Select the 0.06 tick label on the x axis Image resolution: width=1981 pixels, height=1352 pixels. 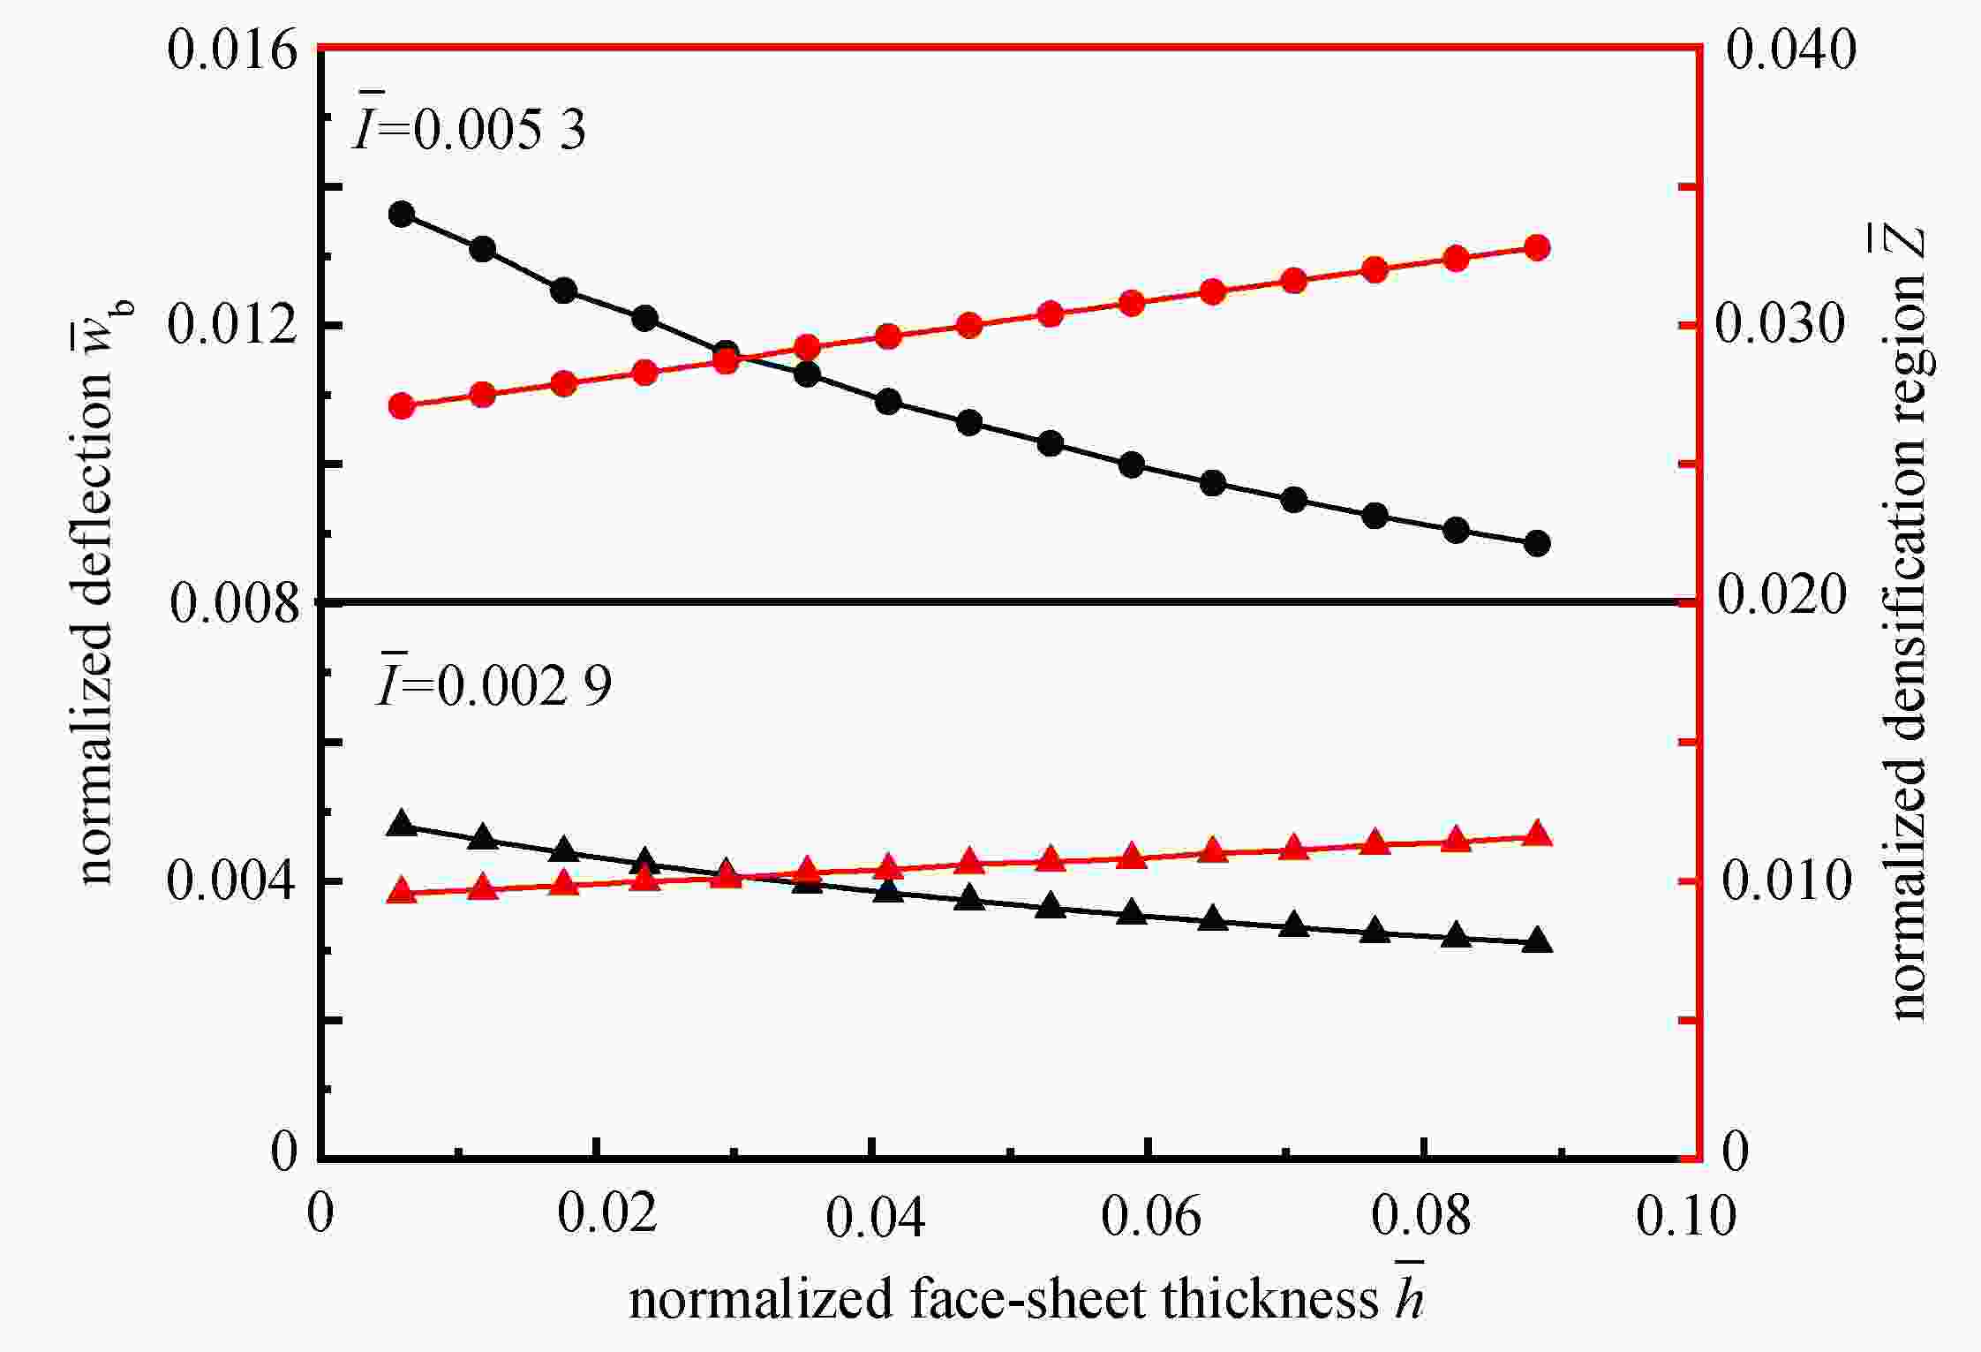click(x=1150, y=1216)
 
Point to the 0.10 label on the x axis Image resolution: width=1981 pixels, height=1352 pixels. click(x=1686, y=1216)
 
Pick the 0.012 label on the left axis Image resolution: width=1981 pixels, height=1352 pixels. click(x=233, y=325)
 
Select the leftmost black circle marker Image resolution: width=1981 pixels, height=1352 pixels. click(x=402, y=215)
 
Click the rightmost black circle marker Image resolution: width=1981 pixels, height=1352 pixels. click(x=1537, y=543)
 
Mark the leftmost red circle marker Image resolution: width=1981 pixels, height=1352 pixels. click(x=402, y=406)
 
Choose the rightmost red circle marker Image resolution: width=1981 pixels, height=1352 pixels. click(x=1537, y=247)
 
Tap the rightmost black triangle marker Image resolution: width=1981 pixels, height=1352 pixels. click(x=1537, y=940)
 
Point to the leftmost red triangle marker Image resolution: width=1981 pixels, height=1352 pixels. click(x=402, y=891)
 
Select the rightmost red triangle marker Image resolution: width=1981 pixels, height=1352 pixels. click(x=1537, y=835)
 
